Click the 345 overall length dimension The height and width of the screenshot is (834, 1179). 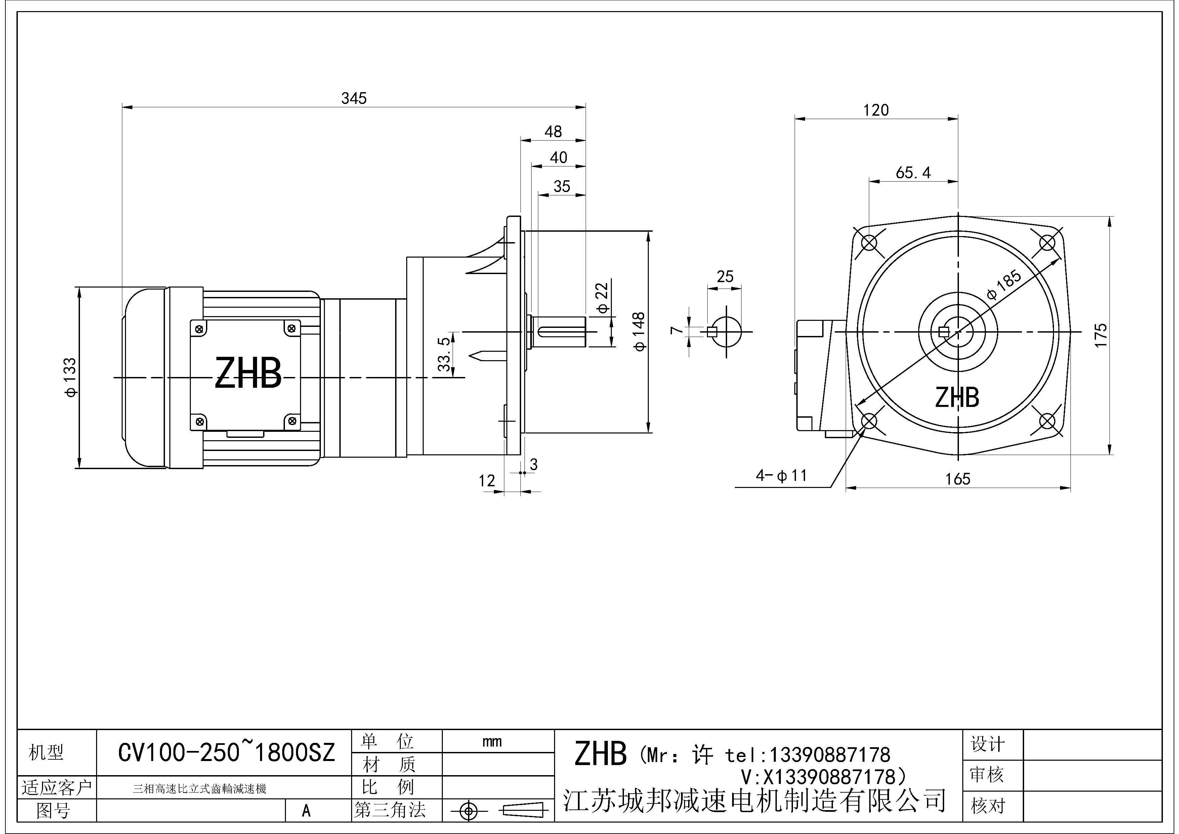[354, 98]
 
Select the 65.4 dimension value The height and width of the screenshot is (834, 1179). [913, 173]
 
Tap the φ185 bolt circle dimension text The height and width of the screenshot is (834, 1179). [1004, 286]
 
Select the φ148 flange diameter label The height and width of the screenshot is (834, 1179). [639, 332]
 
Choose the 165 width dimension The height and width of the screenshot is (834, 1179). [958, 479]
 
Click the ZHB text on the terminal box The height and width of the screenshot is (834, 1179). [248, 374]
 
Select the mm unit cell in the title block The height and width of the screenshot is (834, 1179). [492, 742]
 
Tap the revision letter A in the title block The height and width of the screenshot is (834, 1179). [306, 810]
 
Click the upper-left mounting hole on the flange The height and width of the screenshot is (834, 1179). [868, 242]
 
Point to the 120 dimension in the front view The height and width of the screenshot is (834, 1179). [876, 110]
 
